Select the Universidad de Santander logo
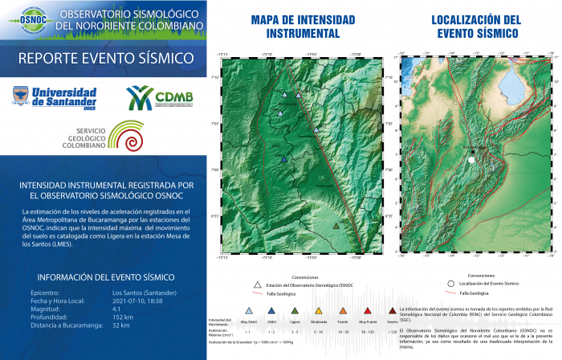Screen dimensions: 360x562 tap(54, 97)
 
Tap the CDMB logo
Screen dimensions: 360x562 tap(161, 99)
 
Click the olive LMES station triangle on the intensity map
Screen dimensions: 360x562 tap(336, 226)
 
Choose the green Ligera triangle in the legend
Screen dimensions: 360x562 tap(295, 309)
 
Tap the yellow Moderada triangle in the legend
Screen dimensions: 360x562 tap(319, 309)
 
